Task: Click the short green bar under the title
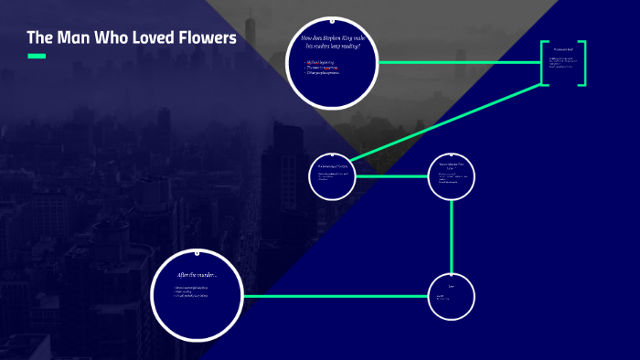click(x=36, y=57)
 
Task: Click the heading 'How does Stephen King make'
click(x=332, y=37)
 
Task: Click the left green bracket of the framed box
click(x=543, y=63)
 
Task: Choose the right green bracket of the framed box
click(x=582, y=63)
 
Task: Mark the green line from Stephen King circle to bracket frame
click(x=457, y=62)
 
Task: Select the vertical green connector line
click(x=452, y=236)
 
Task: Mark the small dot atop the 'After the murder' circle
click(x=197, y=249)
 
